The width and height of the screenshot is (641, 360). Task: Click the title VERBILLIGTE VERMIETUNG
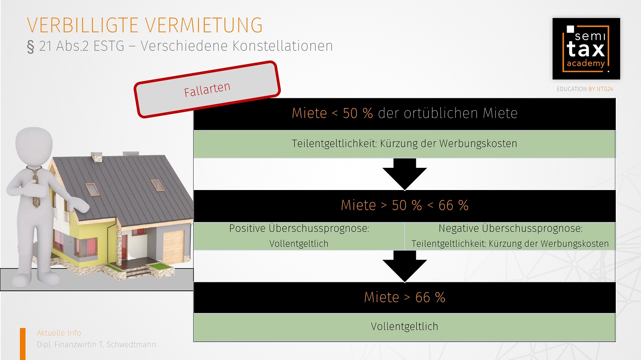coord(144,25)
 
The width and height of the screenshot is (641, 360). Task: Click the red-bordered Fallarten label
coord(207,89)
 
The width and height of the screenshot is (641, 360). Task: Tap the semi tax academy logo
coord(586,49)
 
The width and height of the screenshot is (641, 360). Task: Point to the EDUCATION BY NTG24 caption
coord(585,89)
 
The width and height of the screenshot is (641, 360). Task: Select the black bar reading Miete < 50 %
coord(404,114)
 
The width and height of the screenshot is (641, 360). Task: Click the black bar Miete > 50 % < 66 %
coord(404,205)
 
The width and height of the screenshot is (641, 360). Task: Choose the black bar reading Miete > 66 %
coord(404,297)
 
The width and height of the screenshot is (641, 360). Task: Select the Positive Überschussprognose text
coord(299,228)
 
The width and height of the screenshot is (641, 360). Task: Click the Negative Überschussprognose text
coord(510,228)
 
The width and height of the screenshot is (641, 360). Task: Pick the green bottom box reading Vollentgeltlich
coord(404,327)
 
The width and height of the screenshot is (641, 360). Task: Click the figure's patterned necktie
coord(35,188)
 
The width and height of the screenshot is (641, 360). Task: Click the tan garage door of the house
coord(173,248)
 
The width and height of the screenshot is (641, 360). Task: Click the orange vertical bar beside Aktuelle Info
coord(23,343)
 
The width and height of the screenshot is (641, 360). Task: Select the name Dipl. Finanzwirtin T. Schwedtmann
coord(96,345)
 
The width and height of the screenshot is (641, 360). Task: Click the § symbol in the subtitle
coord(30,46)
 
